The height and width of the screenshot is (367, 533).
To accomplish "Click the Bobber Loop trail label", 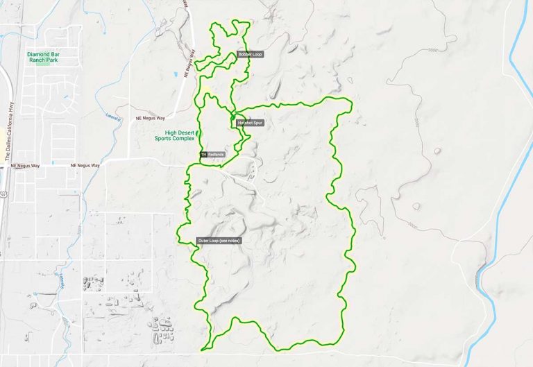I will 250,54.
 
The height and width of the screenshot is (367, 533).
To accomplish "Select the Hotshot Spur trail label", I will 251,123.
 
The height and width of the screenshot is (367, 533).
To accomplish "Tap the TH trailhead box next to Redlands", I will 203,155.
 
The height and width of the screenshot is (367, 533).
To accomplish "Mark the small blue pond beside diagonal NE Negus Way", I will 177,74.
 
